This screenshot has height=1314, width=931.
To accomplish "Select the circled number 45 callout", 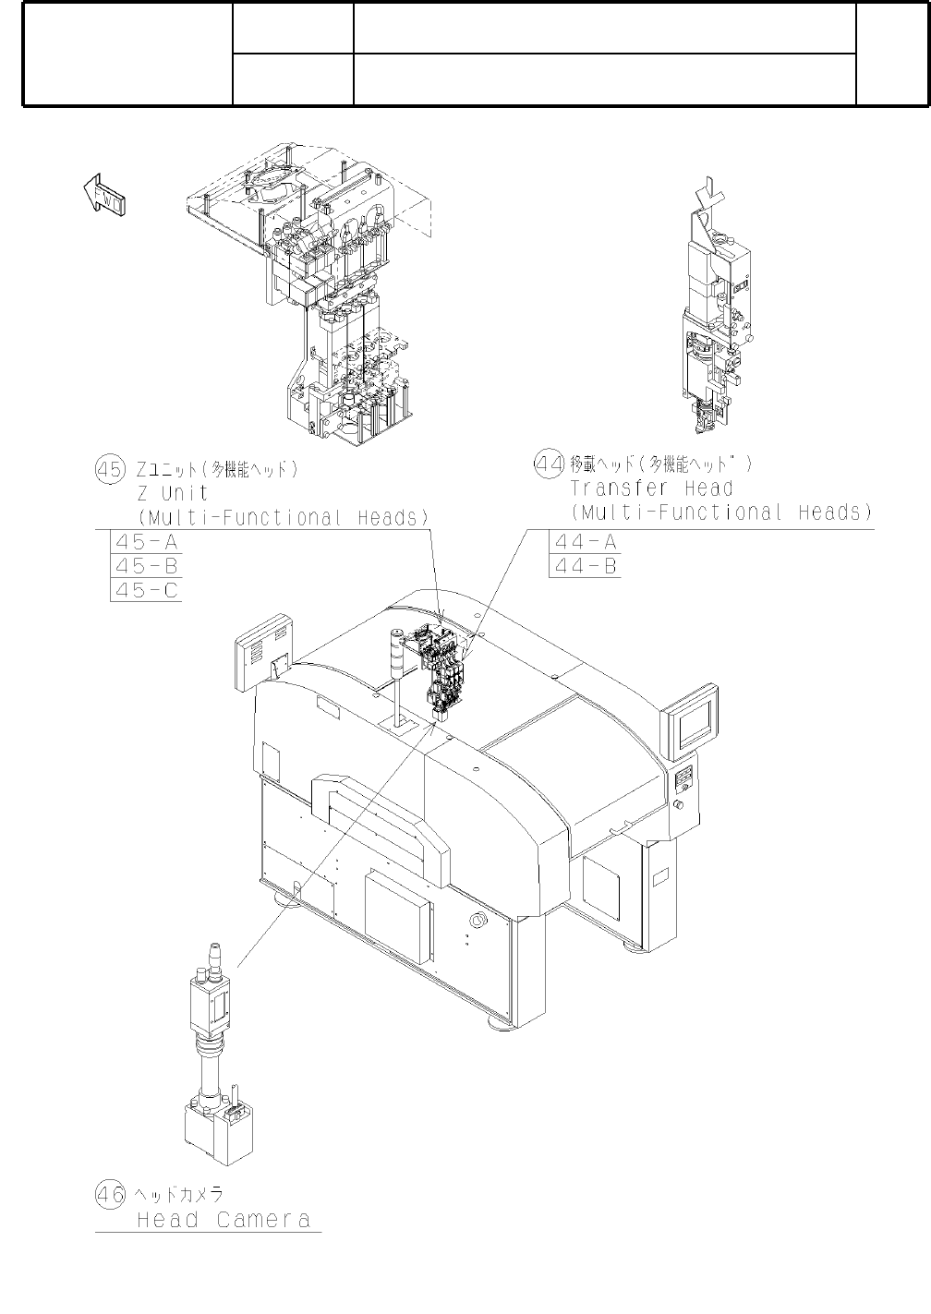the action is coord(109,469).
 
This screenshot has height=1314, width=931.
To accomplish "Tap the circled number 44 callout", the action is coord(550,463).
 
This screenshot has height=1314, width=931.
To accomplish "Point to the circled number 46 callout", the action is coord(109,1194).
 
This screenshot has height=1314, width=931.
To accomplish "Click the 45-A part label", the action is coord(145,541).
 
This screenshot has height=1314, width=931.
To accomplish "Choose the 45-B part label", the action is coord(145,565).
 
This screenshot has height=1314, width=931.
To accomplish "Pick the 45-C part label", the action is coord(145,589).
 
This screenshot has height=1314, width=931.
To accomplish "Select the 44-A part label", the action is coord(585,541).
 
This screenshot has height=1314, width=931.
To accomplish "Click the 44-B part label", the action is coord(585,565).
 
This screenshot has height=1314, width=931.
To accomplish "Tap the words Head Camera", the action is coord(224,1220).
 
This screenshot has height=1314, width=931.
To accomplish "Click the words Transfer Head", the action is coord(651,488).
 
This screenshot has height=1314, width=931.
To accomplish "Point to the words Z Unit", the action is coord(172,493).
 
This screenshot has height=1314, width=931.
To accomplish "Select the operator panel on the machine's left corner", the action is coord(264,653).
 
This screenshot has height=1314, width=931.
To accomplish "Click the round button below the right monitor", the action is coord(680,806).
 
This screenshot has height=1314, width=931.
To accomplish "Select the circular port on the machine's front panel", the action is coord(478,921).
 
